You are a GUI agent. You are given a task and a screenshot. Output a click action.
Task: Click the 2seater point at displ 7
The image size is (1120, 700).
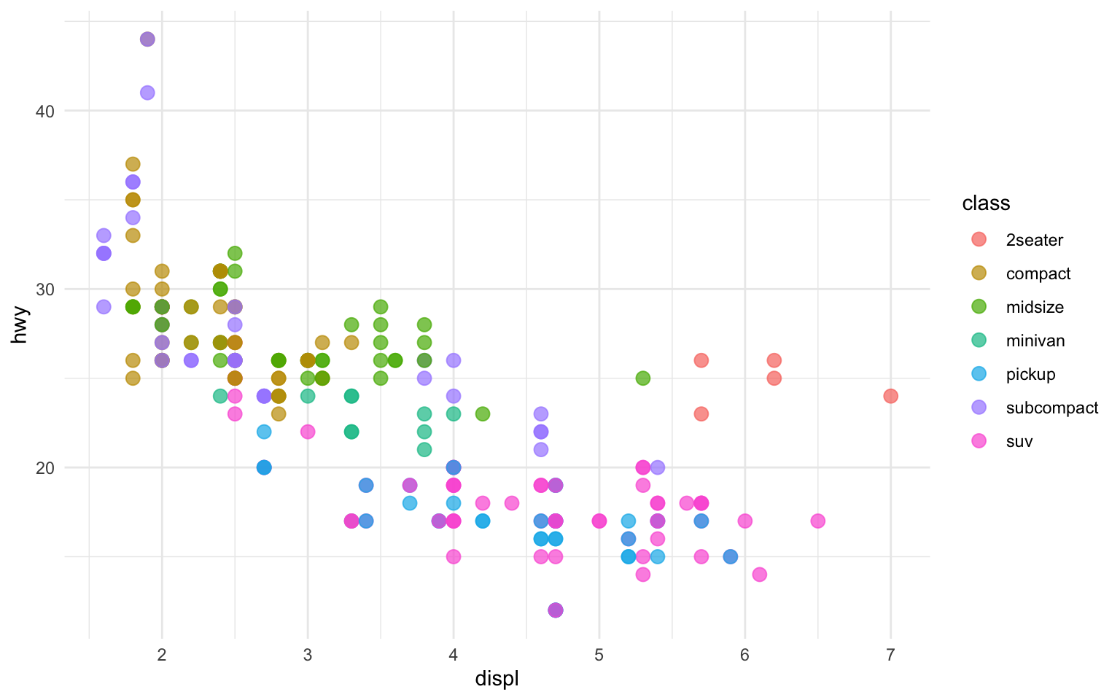click(890, 396)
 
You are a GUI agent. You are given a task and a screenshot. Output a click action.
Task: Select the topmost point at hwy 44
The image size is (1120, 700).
click(147, 39)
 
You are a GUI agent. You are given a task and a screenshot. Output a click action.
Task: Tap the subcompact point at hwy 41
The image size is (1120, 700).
click(147, 93)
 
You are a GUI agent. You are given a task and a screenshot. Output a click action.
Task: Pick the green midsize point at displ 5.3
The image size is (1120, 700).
click(642, 378)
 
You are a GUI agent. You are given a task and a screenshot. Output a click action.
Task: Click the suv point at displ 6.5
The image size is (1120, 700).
click(817, 521)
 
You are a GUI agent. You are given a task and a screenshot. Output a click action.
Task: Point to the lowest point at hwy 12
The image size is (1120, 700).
click(555, 610)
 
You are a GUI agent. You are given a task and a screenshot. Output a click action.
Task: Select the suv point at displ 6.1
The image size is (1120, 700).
click(759, 574)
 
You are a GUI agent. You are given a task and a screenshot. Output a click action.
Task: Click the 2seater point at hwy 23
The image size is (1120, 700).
click(701, 413)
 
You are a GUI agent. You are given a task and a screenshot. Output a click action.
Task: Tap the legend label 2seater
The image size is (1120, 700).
click(1034, 240)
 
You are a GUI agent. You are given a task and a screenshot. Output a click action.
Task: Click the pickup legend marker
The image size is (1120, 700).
click(979, 374)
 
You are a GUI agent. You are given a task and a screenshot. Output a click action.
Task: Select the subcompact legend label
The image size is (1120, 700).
click(1051, 408)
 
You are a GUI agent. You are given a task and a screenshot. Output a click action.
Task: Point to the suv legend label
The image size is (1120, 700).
click(1019, 441)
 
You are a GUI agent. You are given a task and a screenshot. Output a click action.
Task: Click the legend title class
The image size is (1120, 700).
click(986, 203)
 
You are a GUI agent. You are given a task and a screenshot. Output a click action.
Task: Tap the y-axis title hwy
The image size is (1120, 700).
click(20, 330)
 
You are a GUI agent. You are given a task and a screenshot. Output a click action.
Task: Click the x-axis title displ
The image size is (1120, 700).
click(497, 679)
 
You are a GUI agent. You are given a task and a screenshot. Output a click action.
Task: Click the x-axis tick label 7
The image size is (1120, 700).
click(890, 655)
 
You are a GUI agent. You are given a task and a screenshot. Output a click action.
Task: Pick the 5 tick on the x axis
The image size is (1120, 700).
click(599, 655)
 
